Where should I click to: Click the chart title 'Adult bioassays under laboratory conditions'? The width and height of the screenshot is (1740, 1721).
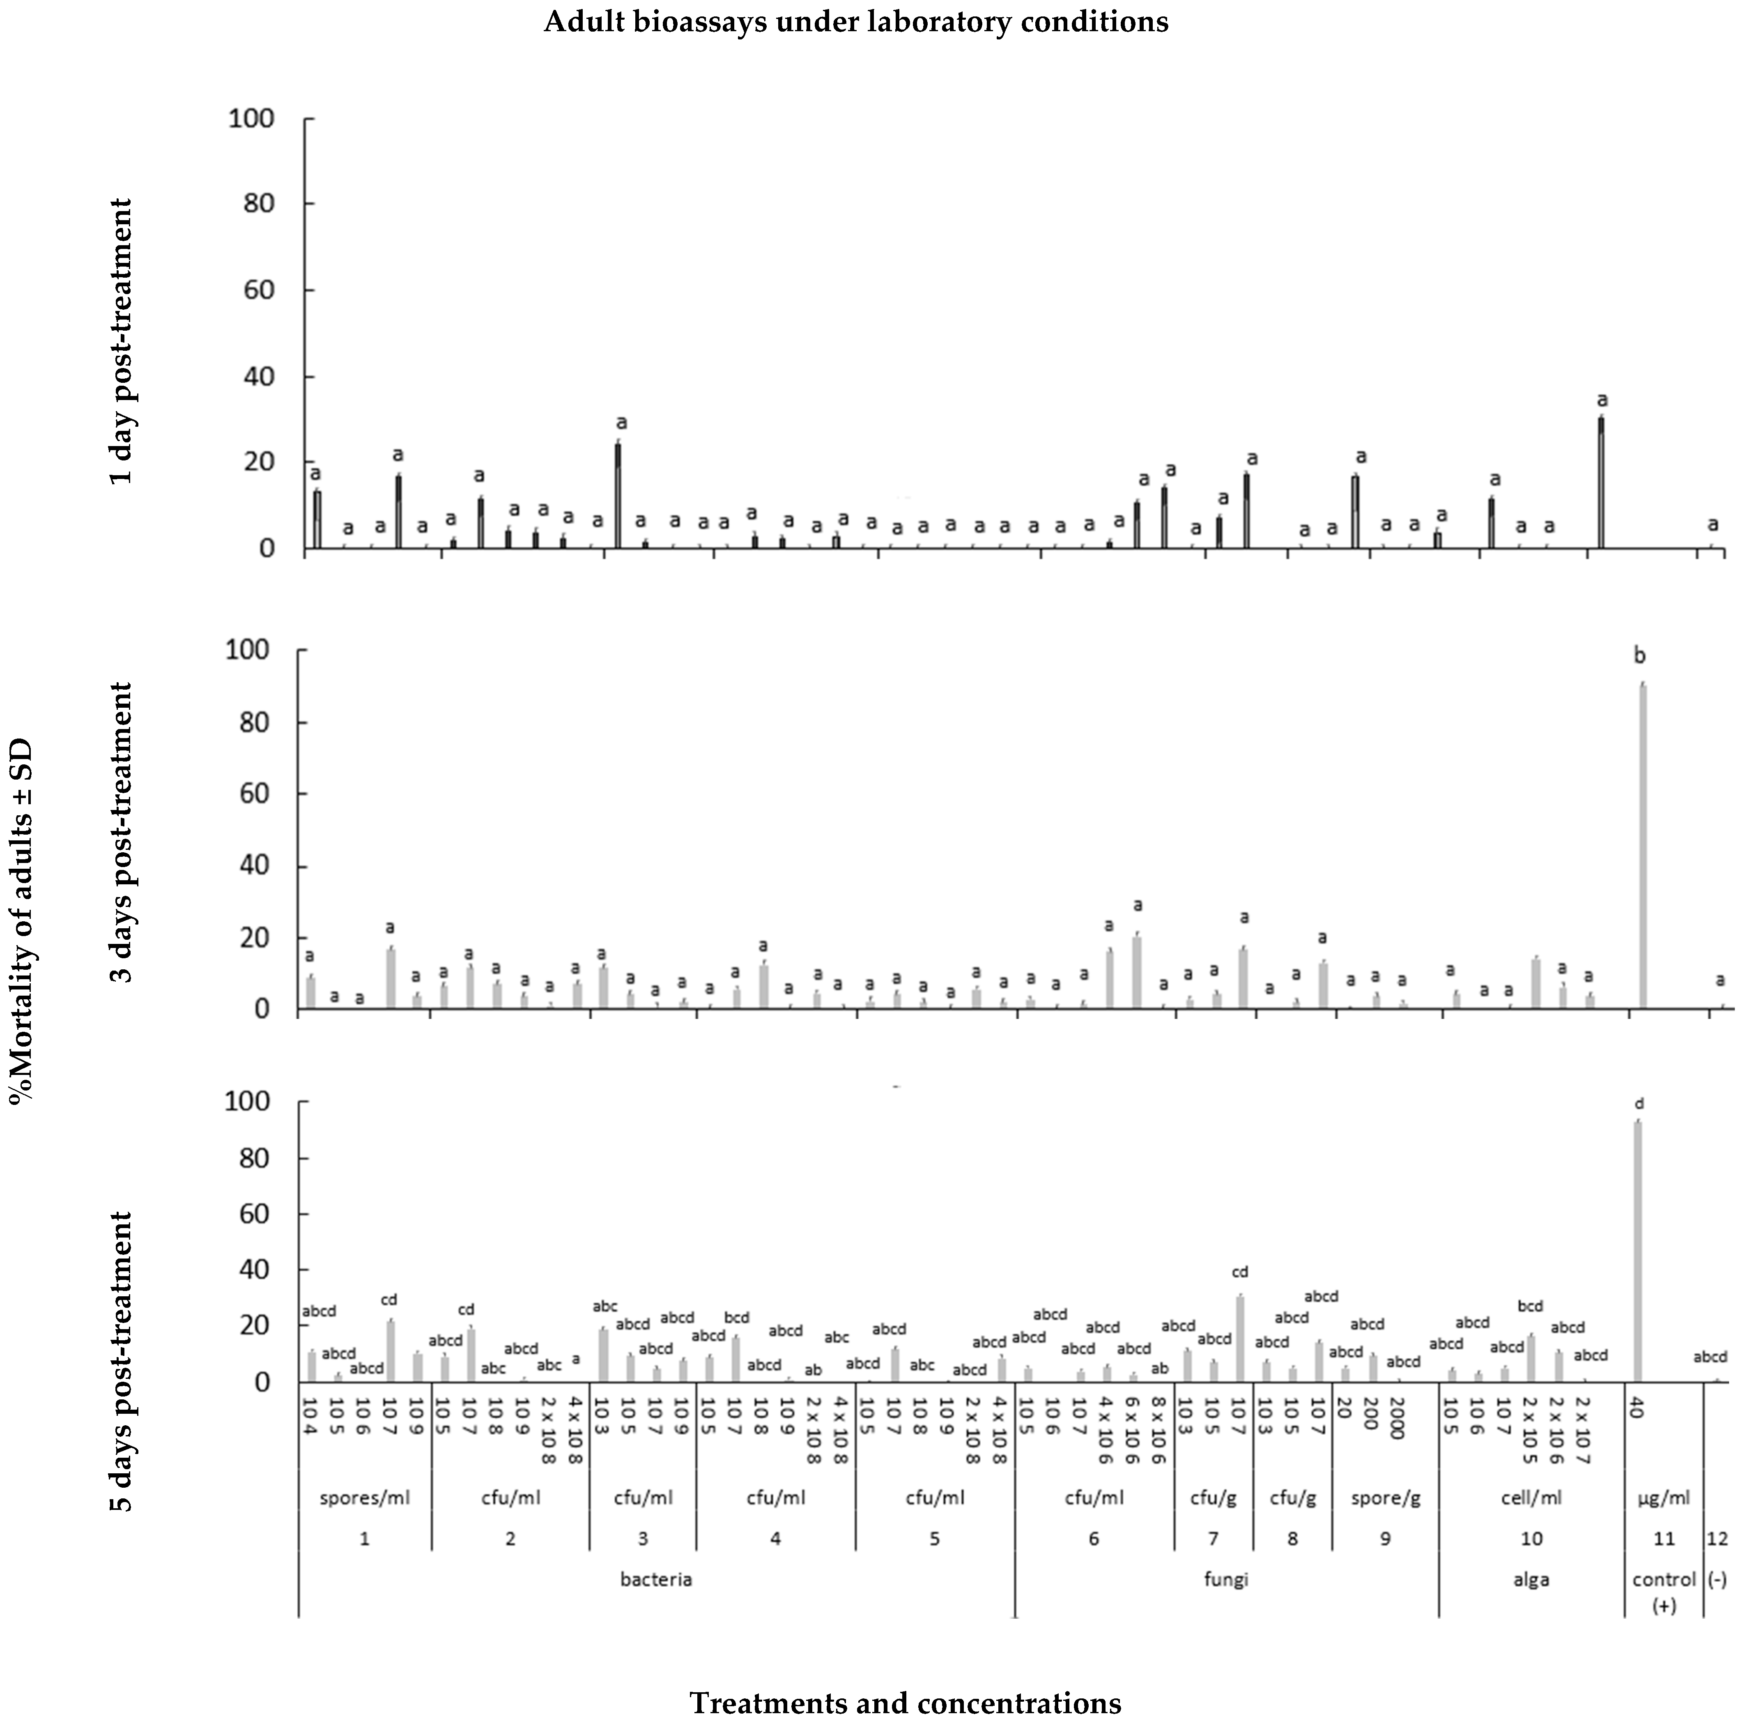click(855, 22)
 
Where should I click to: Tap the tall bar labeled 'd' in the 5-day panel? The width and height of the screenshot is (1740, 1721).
click(1637, 1252)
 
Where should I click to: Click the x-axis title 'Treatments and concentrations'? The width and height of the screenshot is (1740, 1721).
click(905, 1678)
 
